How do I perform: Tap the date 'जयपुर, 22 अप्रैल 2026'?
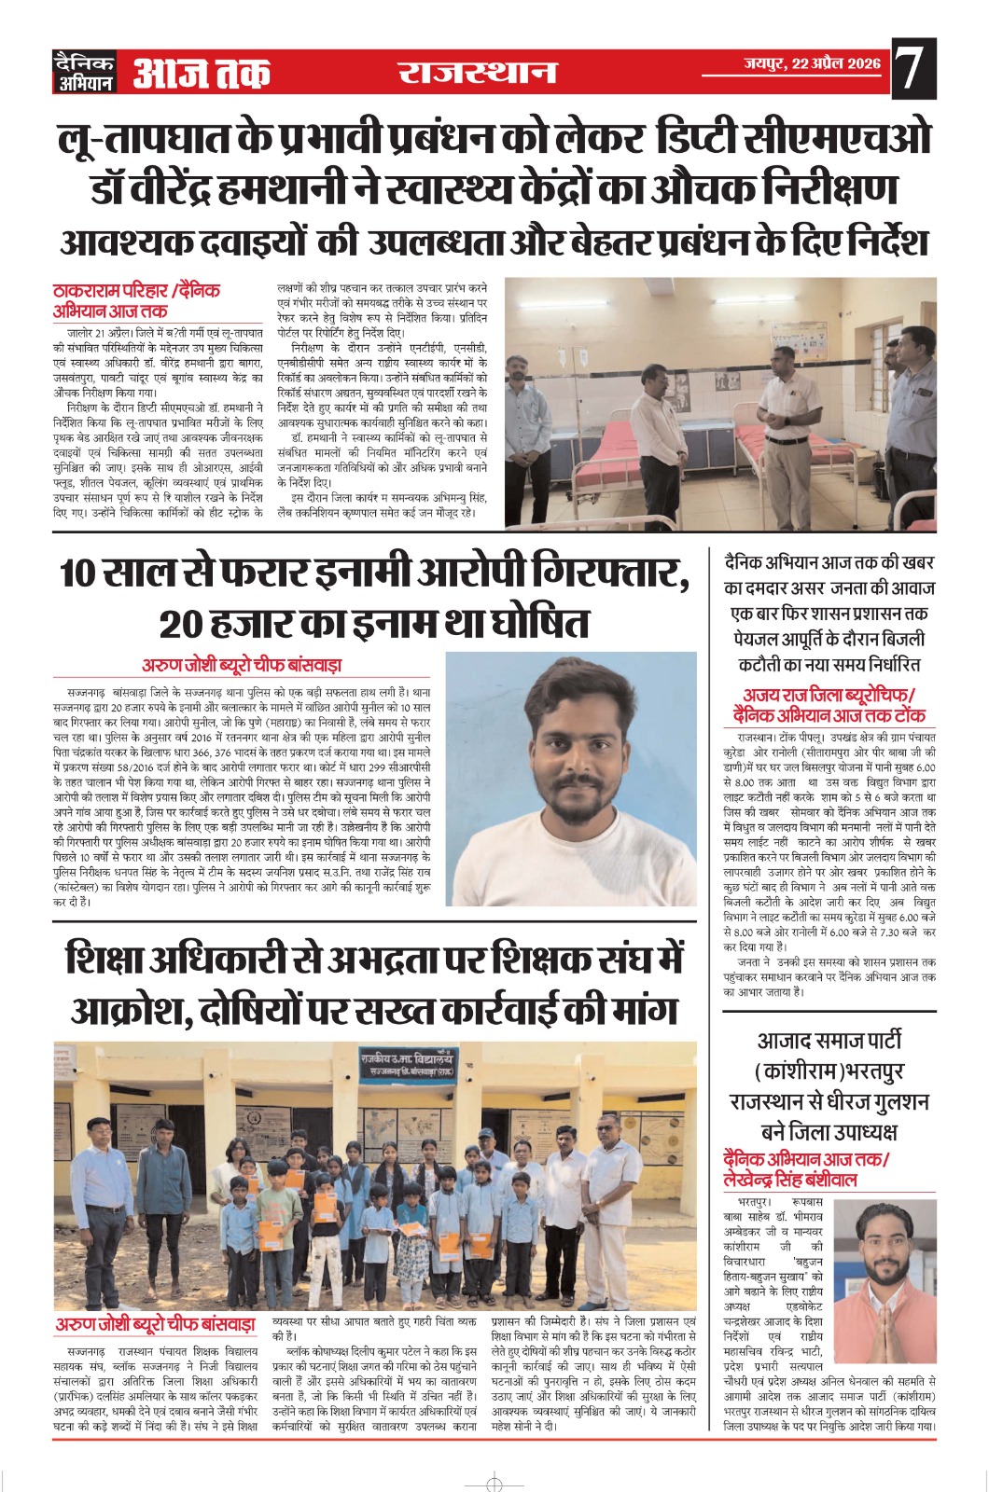coord(812,63)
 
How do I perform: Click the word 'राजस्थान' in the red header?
coord(477,73)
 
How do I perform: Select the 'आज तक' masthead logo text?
coord(202,73)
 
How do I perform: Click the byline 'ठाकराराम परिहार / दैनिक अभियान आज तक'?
coord(136,301)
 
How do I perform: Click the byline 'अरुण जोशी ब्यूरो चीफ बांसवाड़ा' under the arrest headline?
coord(242,665)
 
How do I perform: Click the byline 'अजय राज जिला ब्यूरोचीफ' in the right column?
coord(829,695)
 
